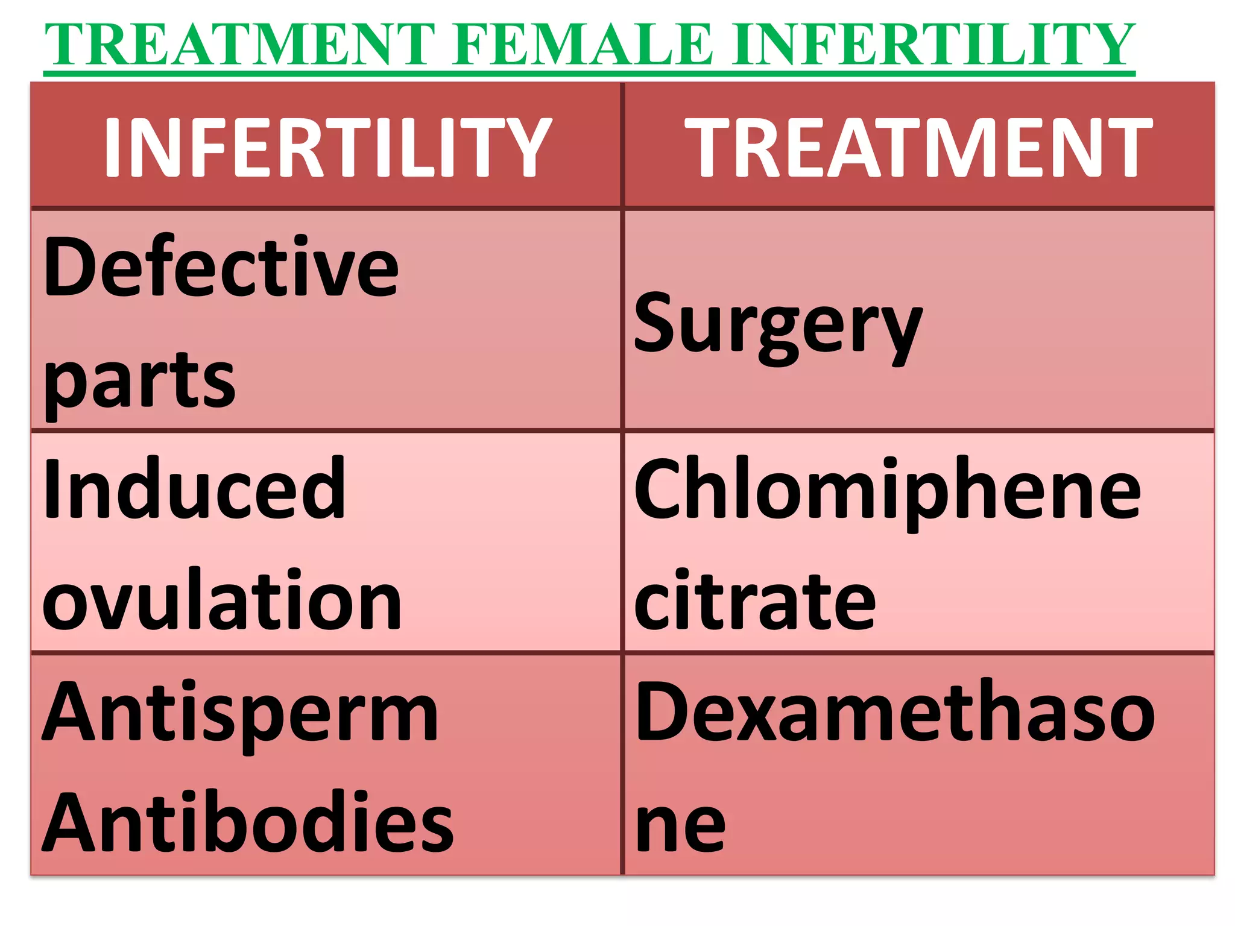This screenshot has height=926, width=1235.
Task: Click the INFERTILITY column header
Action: coord(327,148)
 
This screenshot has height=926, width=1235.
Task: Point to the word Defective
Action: coord(221,266)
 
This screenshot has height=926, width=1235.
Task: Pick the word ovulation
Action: coord(221,600)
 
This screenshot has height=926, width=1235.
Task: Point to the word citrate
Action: coord(754,600)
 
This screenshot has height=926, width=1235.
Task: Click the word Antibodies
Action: coord(247,822)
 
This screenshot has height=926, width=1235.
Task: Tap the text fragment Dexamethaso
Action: coord(895,711)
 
